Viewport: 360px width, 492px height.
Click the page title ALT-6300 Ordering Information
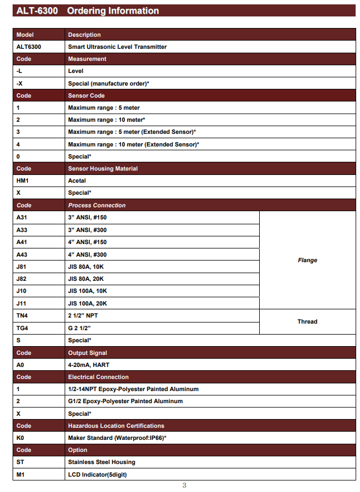click(x=88, y=11)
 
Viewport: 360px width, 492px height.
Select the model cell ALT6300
click(x=30, y=47)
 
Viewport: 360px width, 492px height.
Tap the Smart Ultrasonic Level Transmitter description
click(x=117, y=47)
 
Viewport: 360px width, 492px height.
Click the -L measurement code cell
click(x=20, y=71)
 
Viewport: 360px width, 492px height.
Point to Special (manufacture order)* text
click(x=108, y=83)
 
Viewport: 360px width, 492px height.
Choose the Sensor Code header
click(x=86, y=95)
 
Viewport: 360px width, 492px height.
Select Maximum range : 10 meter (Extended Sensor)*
click(x=133, y=144)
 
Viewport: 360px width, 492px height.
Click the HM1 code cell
click(x=22, y=180)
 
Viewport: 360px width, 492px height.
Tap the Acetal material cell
click(x=77, y=180)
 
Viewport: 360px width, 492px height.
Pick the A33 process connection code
click(x=22, y=230)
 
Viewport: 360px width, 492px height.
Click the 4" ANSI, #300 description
click(x=87, y=255)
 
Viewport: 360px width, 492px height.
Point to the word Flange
click(x=307, y=261)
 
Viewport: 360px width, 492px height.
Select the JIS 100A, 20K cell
click(x=88, y=303)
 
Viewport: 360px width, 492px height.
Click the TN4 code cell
click(x=22, y=316)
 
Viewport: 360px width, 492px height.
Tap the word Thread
click(x=307, y=321)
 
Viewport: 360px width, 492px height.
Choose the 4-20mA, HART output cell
click(x=88, y=365)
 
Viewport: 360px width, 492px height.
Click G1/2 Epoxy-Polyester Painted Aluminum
click(x=125, y=401)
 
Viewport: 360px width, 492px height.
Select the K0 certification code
click(x=20, y=438)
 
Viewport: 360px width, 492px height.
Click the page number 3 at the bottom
click(x=185, y=485)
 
